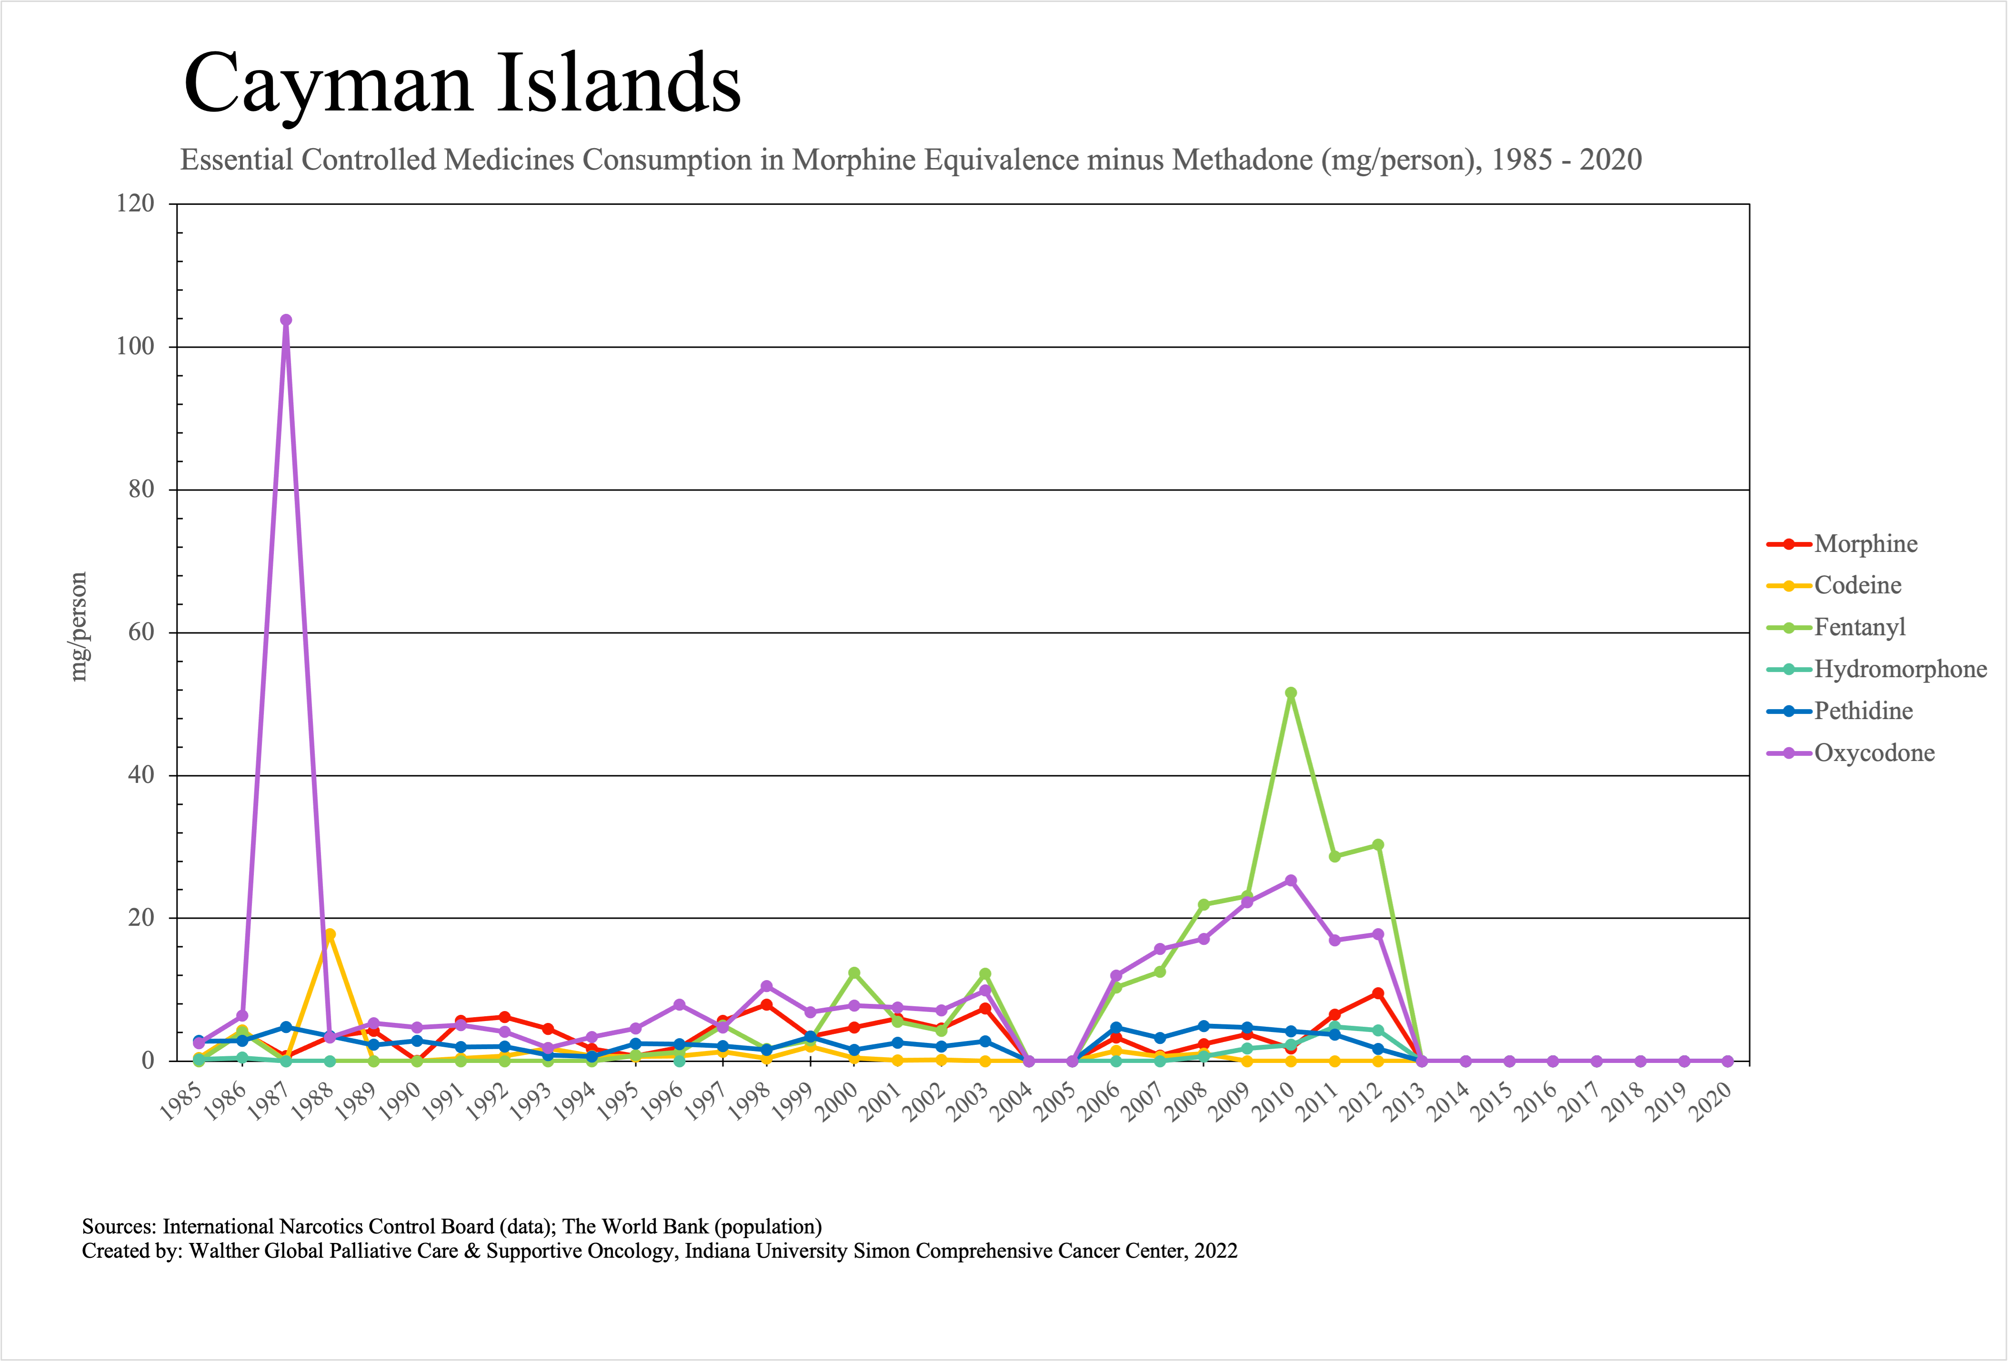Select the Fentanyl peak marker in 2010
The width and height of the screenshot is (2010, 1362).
(1290, 693)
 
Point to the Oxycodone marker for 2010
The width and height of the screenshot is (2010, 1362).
(1290, 881)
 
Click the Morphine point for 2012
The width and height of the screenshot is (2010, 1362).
(1378, 993)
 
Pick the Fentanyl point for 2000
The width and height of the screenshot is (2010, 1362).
(854, 973)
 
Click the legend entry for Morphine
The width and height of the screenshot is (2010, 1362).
(1866, 544)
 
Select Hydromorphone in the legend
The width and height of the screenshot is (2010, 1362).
(1900, 669)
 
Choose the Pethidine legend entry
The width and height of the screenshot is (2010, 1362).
(1863, 711)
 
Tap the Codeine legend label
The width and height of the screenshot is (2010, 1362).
(1858, 585)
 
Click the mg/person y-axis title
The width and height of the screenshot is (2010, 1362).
(79, 627)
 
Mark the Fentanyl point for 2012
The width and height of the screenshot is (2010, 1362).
(1378, 845)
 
